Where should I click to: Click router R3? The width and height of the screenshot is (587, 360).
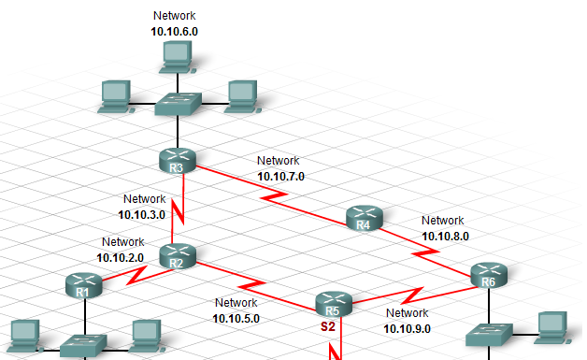179,161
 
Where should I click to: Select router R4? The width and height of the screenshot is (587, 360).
365,218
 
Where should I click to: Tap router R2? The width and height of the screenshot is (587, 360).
176,255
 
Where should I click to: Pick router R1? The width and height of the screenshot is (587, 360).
83,284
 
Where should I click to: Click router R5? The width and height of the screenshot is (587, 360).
332,304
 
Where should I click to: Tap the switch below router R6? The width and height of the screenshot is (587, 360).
488,334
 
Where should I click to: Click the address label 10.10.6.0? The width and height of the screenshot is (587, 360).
175,31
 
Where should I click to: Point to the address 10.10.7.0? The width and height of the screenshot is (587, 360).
280,175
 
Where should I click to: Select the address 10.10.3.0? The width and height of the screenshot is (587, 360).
142,214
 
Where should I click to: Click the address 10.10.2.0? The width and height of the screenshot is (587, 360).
122,257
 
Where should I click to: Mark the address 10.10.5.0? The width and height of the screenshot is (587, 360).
236,318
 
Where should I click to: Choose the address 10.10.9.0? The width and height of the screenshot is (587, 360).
407,328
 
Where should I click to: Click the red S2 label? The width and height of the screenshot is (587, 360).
328,327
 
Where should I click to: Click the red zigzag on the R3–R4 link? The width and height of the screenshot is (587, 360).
273,197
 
